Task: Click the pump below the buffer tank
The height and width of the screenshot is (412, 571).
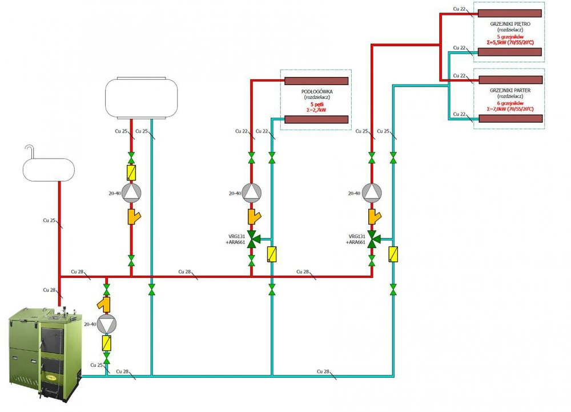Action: pos(131,193)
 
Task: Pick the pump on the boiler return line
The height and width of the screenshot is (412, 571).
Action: pos(106,324)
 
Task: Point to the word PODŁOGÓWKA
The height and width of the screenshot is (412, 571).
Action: pos(317,92)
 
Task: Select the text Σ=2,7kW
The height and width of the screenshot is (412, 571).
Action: pos(317,110)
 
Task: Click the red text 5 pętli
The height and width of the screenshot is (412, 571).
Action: pos(317,104)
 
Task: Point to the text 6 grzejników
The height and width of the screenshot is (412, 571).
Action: pos(507,103)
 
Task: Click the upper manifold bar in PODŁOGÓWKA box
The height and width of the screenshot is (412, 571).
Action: pos(317,81)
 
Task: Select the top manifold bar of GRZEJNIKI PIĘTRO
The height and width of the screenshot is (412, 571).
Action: pos(509,13)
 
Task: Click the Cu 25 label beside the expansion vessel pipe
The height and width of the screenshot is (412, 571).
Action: pos(50,220)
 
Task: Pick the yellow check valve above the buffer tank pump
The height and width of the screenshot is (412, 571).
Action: pos(131,171)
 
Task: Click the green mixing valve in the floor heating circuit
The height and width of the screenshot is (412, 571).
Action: pos(251,238)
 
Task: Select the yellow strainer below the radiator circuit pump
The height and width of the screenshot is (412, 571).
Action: pos(372,216)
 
